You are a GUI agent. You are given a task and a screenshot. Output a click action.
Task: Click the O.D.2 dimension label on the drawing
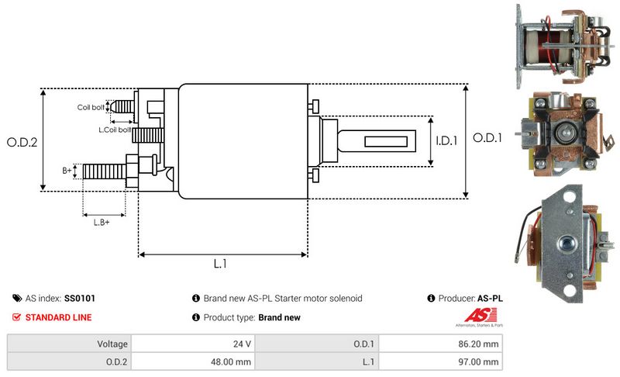(22, 142)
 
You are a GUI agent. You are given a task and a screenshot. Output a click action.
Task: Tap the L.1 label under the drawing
(220, 264)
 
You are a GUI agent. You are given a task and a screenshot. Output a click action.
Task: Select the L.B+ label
(102, 223)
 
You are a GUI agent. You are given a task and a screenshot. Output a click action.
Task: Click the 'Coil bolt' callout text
(90, 108)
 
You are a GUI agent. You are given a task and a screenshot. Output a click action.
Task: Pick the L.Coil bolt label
(114, 130)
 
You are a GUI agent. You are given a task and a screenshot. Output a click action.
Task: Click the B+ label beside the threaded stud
(67, 168)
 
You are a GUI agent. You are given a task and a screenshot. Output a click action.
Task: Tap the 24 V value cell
(242, 343)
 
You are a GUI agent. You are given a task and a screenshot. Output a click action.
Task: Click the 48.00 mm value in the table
(231, 361)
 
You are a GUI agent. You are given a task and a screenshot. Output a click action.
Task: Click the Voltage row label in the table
(112, 343)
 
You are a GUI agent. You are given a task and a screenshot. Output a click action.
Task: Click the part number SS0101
(80, 298)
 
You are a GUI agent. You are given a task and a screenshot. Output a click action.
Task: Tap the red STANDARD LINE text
(58, 317)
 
